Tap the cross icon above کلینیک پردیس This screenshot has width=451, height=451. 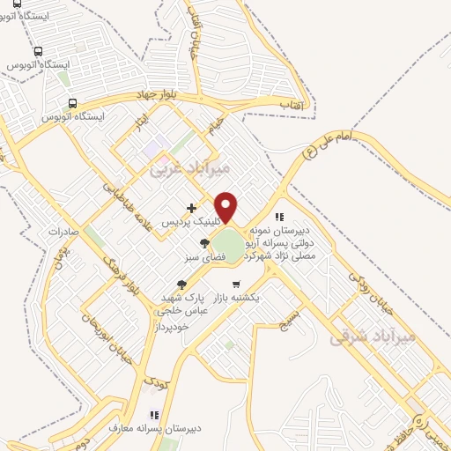point(191,208)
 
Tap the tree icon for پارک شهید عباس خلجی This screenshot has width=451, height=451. point(182,284)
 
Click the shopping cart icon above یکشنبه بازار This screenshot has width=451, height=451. point(236,284)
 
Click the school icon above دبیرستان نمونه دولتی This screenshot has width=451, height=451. point(279,217)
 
